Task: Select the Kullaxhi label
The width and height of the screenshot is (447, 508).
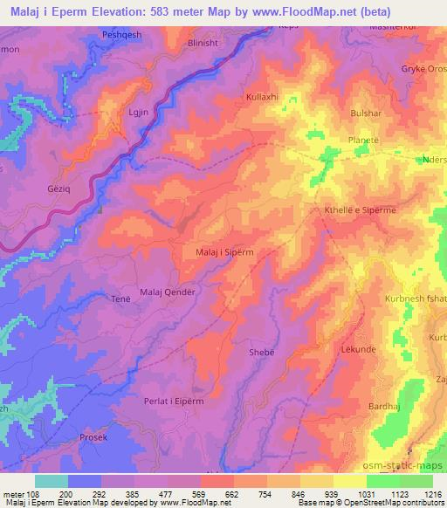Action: pyautogui.click(x=262, y=98)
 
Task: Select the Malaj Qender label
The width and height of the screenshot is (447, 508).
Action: pyautogui.click(x=167, y=292)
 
